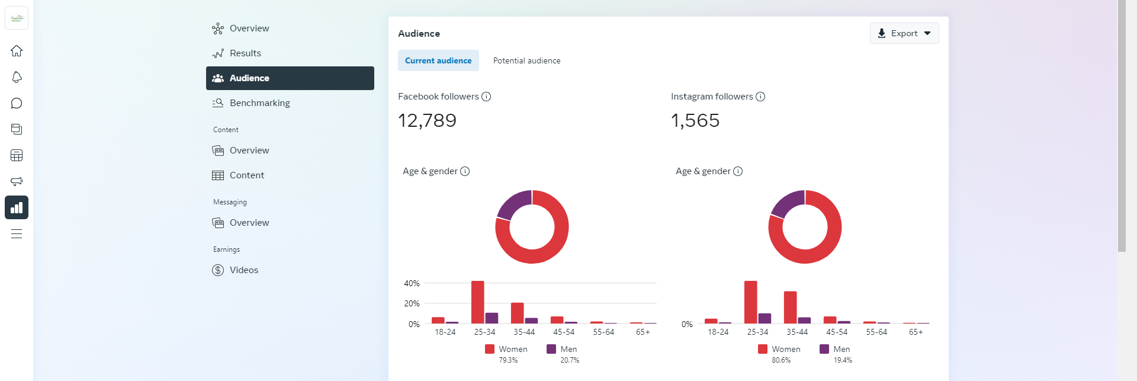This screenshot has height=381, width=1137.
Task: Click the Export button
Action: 904,33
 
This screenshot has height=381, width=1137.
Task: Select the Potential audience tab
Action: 526,60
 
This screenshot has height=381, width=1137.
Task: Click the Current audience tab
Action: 438,60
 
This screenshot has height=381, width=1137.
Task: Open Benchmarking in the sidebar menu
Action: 259,103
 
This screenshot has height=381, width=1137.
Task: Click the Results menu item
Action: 245,53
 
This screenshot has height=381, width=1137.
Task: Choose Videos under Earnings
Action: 243,270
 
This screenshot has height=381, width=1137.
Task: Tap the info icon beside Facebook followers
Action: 486,97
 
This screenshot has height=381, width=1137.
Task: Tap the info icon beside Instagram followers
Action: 760,97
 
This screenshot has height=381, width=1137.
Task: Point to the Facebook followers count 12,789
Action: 427,121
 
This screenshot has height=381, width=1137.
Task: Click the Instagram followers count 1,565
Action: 695,121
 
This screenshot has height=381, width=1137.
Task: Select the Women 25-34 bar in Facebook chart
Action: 477,302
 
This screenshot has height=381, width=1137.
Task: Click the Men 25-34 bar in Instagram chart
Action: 765,318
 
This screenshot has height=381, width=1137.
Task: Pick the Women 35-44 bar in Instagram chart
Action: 790,307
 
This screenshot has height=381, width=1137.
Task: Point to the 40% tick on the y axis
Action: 412,283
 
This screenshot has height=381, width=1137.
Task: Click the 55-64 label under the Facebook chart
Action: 603,332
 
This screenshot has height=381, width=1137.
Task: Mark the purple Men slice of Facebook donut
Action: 512,204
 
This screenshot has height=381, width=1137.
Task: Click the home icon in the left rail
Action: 17,51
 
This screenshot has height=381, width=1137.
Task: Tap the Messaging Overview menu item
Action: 249,223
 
